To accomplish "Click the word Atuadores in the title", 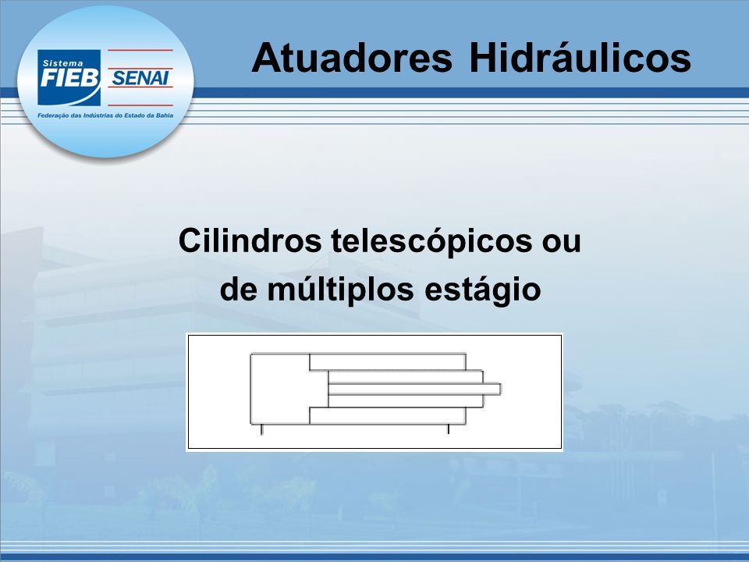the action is (x=352, y=58).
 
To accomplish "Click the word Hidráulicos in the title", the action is (x=580, y=58).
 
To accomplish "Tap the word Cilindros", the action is (x=250, y=240).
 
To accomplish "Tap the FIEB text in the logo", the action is (x=69, y=78).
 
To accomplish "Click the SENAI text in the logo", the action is (x=140, y=78).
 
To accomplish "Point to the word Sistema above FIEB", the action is (x=62, y=63).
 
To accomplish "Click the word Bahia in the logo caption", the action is (x=165, y=116).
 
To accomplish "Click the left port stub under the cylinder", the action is (x=261, y=429).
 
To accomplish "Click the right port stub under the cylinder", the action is (x=448, y=429).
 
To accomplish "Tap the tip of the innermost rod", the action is (x=501, y=389).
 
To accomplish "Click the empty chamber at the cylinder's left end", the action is (x=280, y=389).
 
